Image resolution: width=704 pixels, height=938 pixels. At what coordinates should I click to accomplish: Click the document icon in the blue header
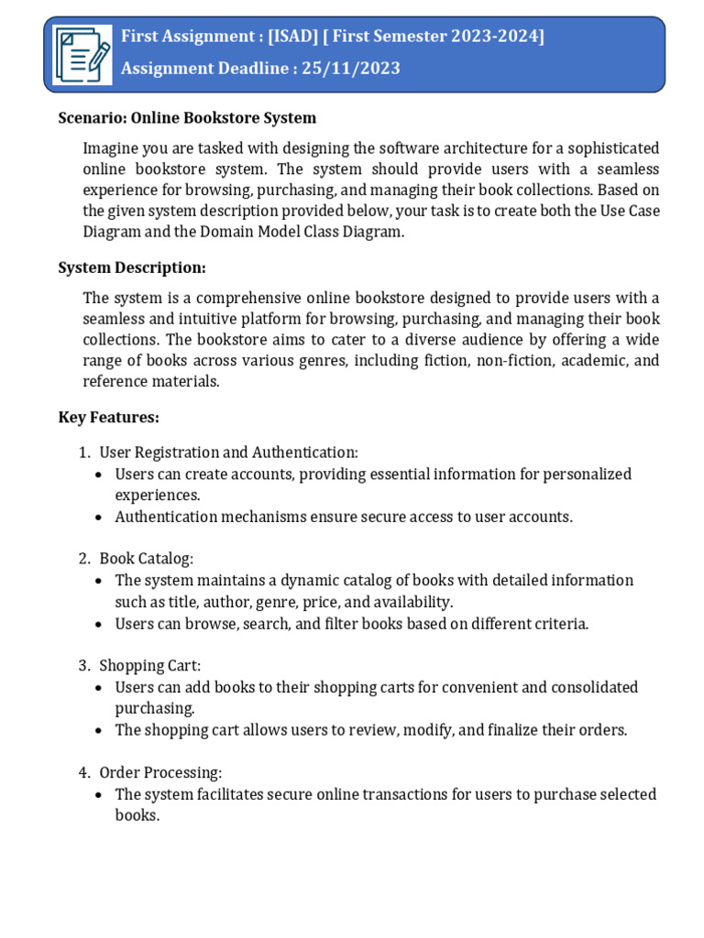click(x=82, y=54)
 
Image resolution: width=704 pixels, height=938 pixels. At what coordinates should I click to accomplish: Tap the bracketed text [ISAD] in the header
click(x=291, y=37)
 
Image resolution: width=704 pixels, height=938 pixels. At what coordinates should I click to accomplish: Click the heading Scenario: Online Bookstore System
click(x=187, y=117)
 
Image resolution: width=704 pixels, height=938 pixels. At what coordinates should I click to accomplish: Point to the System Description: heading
click(x=132, y=267)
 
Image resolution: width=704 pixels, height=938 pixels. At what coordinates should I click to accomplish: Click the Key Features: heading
click(x=108, y=417)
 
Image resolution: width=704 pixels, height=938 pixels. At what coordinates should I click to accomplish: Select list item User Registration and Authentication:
click(x=228, y=453)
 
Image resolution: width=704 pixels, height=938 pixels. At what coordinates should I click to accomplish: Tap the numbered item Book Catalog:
click(x=147, y=559)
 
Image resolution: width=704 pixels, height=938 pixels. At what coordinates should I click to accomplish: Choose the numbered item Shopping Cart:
click(x=150, y=665)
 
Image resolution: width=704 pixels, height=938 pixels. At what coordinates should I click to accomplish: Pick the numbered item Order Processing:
click(x=160, y=772)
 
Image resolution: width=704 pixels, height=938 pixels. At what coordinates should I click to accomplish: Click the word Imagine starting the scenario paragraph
click(x=113, y=148)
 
